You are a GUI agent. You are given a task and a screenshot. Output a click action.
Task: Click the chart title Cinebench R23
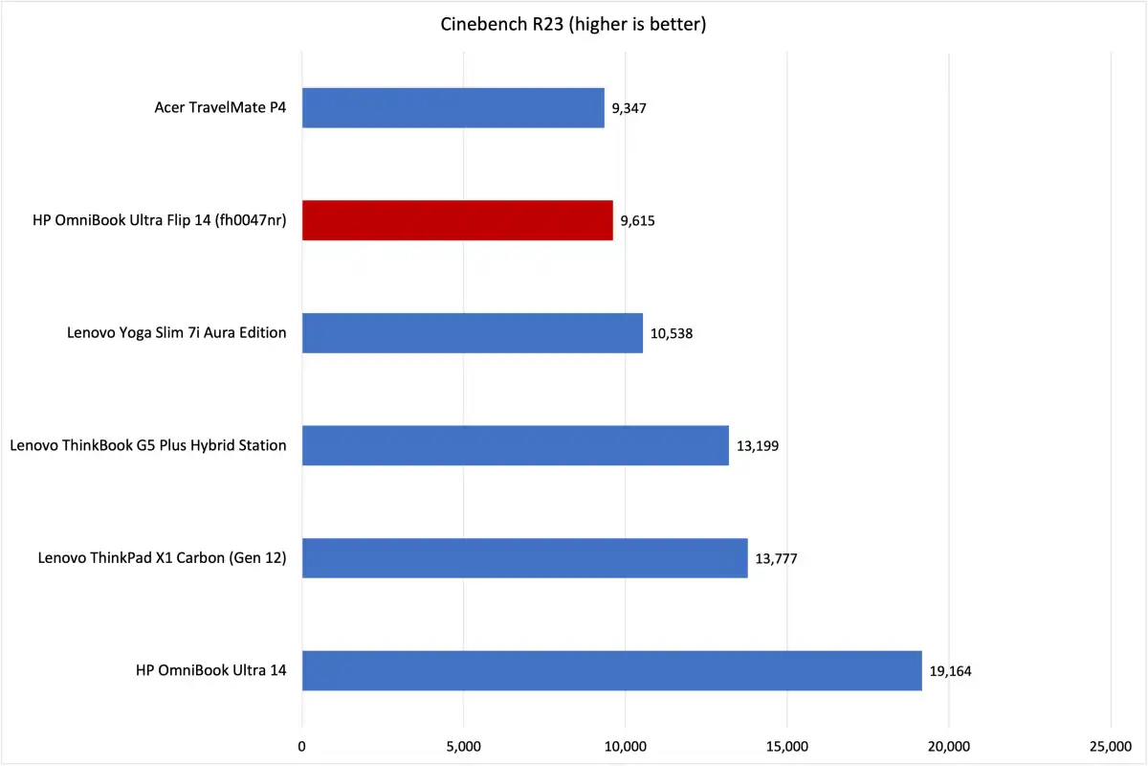573,25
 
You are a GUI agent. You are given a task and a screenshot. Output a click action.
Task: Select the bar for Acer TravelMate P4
453,108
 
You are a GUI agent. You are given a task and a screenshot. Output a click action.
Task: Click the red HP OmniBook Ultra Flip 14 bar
457,220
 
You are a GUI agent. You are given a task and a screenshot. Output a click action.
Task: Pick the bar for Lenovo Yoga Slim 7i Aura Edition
473,333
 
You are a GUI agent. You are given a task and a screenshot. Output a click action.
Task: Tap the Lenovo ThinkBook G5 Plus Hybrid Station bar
516,445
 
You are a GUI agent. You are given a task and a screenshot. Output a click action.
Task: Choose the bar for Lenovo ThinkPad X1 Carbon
524,558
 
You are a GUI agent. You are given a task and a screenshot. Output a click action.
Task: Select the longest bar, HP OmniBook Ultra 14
612,670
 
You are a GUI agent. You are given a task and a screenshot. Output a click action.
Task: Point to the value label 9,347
629,108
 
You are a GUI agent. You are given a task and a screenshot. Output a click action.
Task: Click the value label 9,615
638,221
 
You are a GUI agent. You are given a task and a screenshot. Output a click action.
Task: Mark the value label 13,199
758,446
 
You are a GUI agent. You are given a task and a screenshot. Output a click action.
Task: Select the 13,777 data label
776,558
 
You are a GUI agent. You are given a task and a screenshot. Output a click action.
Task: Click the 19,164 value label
950,671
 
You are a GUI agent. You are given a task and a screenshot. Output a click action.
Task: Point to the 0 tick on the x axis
302,746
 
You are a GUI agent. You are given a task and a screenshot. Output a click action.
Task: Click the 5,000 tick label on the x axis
464,746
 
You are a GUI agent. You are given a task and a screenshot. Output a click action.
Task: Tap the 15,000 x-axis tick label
786,746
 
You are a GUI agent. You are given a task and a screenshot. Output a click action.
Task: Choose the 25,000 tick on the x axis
1110,746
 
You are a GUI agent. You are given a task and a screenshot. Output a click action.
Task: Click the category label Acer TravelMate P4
220,108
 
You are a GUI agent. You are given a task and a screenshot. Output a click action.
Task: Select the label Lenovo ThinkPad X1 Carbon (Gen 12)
163,558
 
